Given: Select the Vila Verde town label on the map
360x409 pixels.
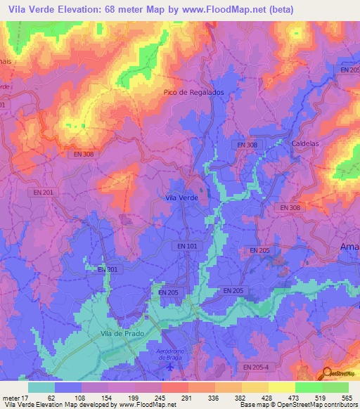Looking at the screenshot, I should point(181,198).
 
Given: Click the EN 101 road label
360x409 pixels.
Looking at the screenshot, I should point(187,246).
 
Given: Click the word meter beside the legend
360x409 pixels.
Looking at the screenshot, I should point(10,398).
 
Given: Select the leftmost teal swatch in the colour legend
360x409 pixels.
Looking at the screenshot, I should point(41,387).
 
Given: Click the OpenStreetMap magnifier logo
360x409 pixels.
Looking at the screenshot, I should point(327,373).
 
